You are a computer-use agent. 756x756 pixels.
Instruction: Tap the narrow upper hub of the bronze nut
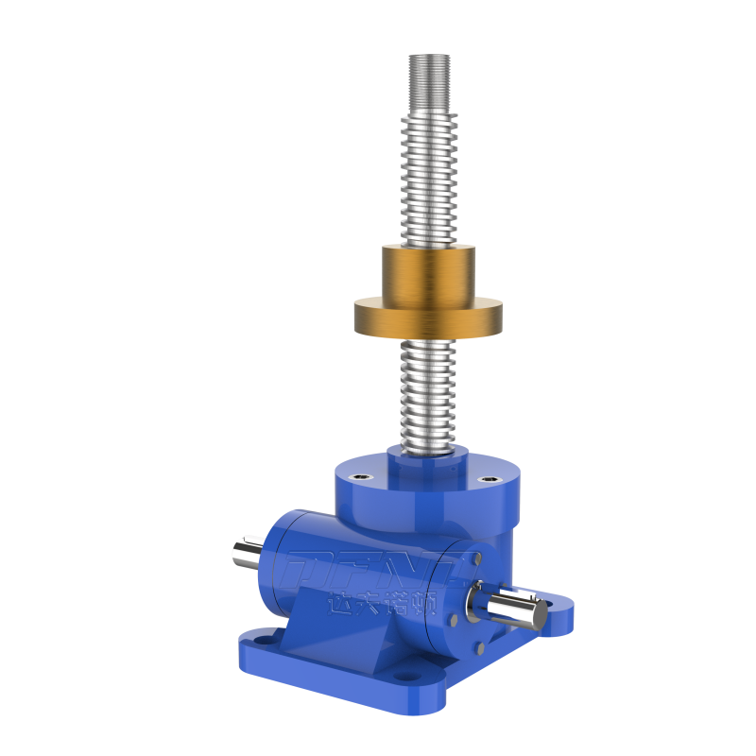tap(427, 272)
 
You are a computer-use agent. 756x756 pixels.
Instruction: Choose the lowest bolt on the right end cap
tap(477, 648)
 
